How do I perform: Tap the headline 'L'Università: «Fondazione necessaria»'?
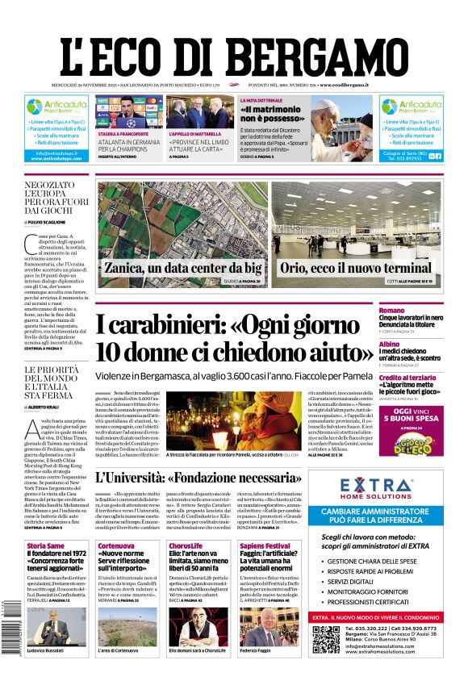(x=209, y=478)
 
